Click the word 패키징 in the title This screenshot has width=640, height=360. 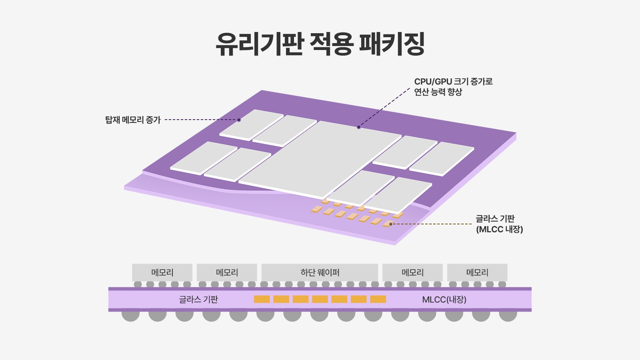pos(392,44)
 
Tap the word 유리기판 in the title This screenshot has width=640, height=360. pos(259,44)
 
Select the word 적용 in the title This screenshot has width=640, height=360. pos(331,44)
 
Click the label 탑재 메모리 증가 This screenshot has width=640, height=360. pos(133,120)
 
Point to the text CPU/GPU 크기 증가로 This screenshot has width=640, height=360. pos(453,82)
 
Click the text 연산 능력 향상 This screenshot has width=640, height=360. pos(438,92)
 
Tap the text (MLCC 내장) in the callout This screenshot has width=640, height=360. pos(499,230)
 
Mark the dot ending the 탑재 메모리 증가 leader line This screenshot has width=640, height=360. pos(239,120)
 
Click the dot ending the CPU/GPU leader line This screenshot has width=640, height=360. pos(359,127)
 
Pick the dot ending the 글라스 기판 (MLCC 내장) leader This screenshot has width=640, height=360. pos(391,224)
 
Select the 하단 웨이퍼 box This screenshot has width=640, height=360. pos(320,272)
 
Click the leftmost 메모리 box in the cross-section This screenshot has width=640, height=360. pos(162,272)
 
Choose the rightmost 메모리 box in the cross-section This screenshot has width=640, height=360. pos(477,272)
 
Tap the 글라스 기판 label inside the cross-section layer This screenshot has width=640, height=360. pos(198,299)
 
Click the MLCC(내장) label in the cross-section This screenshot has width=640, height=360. pos(444,299)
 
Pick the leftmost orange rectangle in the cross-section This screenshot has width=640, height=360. pos(262,299)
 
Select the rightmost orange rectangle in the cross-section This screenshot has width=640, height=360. pos(378,299)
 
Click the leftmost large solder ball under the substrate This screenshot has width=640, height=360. pos(131,315)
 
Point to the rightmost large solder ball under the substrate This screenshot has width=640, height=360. pos(508,315)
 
